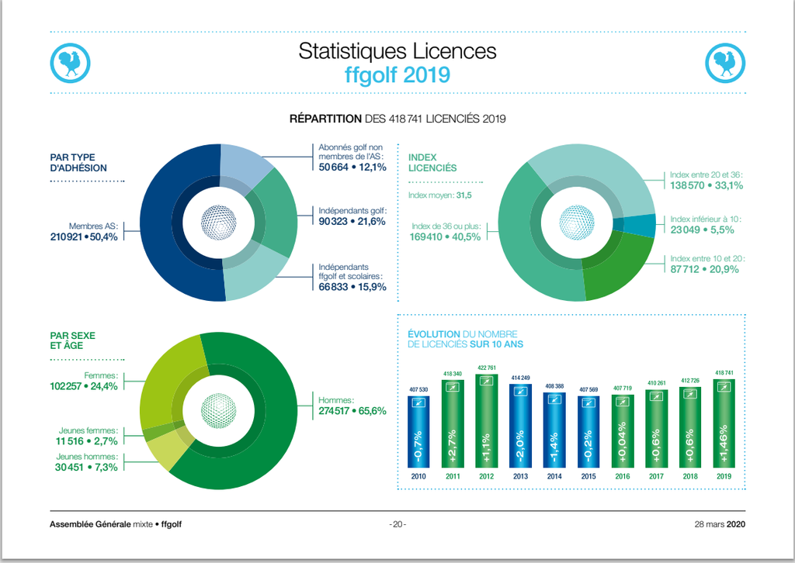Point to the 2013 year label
click(521, 475)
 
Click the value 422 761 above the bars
click(487, 368)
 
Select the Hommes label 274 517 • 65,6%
click(352, 411)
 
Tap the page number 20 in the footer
click(397, 524)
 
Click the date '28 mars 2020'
click(719, 524)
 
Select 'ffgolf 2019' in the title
click(397, 74)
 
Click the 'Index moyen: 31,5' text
click(440, 195)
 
